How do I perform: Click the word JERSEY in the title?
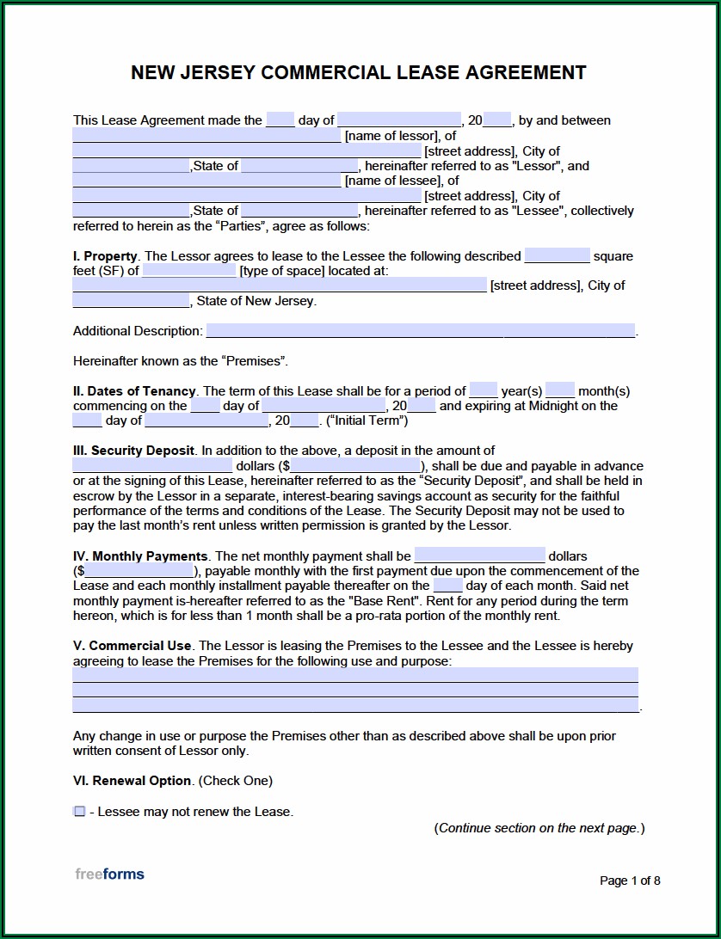tap(215, 72)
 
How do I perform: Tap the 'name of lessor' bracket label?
tap(391, 136)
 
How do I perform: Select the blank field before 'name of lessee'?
tap(206, 181)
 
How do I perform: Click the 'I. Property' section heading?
tap(105, 255)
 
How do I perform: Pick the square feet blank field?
tap(557, 255)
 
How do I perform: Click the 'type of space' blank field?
tap(188, 271)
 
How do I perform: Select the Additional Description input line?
tap(420, 331)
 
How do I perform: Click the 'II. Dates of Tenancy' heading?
tap(134, 390)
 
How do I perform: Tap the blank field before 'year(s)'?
tap(484, 390)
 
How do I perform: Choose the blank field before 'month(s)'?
tap(559, 390)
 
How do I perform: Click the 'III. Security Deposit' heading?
tap(133, 451)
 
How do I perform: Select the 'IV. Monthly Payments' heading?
tap(140, 556)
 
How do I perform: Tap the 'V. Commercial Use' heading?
tap(132, 646)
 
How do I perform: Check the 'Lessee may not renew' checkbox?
tap(79, 811)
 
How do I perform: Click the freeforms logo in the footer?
tap(109, 875)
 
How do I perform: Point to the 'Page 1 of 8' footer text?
tap(630, 880)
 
